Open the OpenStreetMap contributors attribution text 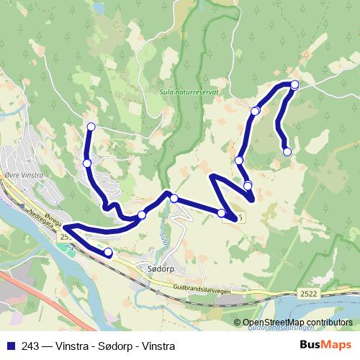293,322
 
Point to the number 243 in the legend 30,346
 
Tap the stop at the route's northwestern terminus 91,127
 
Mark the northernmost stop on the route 294,84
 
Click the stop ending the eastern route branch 287,151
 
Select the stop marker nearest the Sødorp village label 109,252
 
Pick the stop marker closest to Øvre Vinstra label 87,163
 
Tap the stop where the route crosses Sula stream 174,197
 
